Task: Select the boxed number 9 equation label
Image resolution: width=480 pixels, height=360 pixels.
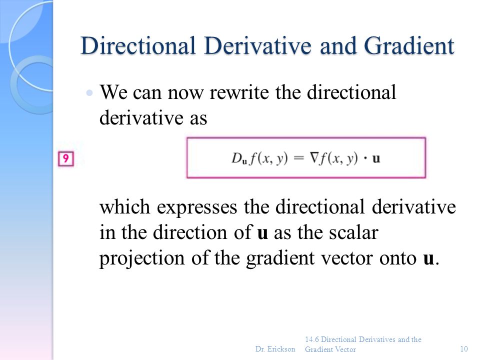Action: (x=65, y=159)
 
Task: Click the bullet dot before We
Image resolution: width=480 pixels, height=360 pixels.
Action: (x=89, y=93)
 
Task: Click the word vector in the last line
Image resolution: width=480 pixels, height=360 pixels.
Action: (x=353, y=259)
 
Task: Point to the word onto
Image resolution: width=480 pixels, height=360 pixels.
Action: (x=397, y=259)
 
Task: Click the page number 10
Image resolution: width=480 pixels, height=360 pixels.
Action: (x=464, y=348)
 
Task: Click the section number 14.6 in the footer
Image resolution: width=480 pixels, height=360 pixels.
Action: (x=312, y=339)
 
